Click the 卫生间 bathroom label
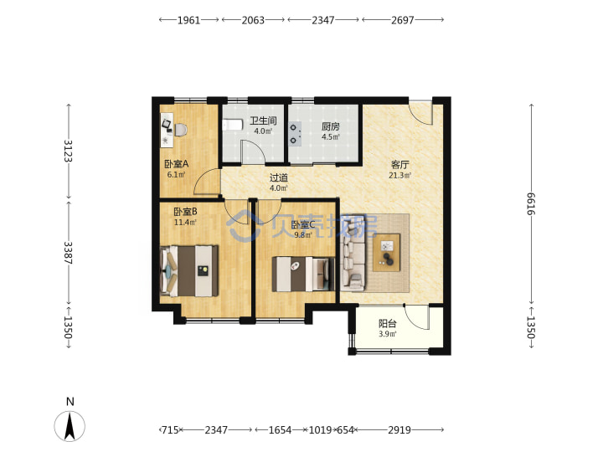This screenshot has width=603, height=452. click(263, 121)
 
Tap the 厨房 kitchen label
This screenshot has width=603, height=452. click(330, 126)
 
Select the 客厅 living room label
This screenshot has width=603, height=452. click(400, 165)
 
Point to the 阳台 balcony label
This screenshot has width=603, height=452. click(387, 324)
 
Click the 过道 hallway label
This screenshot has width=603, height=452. click(279, 178)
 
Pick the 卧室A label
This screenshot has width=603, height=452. click(177, 164)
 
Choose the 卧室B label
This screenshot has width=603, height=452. click(185, 212)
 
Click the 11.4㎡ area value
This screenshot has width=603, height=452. click(185, 222)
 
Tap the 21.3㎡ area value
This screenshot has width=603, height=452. click(400, 175)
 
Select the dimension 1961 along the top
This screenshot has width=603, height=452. click(188, 20)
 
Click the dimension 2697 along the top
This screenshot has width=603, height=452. click(403, 20)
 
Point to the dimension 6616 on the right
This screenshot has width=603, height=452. click(531, 203)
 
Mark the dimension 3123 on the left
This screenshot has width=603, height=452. click(68, 151)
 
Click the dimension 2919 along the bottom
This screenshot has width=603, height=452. click(399, 429)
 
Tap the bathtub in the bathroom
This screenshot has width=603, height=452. click(233, 125)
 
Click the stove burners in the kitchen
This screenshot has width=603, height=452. click(295, 134)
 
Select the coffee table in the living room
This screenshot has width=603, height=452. click(386, 253)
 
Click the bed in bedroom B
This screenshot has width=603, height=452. click(189, 271)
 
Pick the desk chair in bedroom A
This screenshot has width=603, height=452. click(181, 130)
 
